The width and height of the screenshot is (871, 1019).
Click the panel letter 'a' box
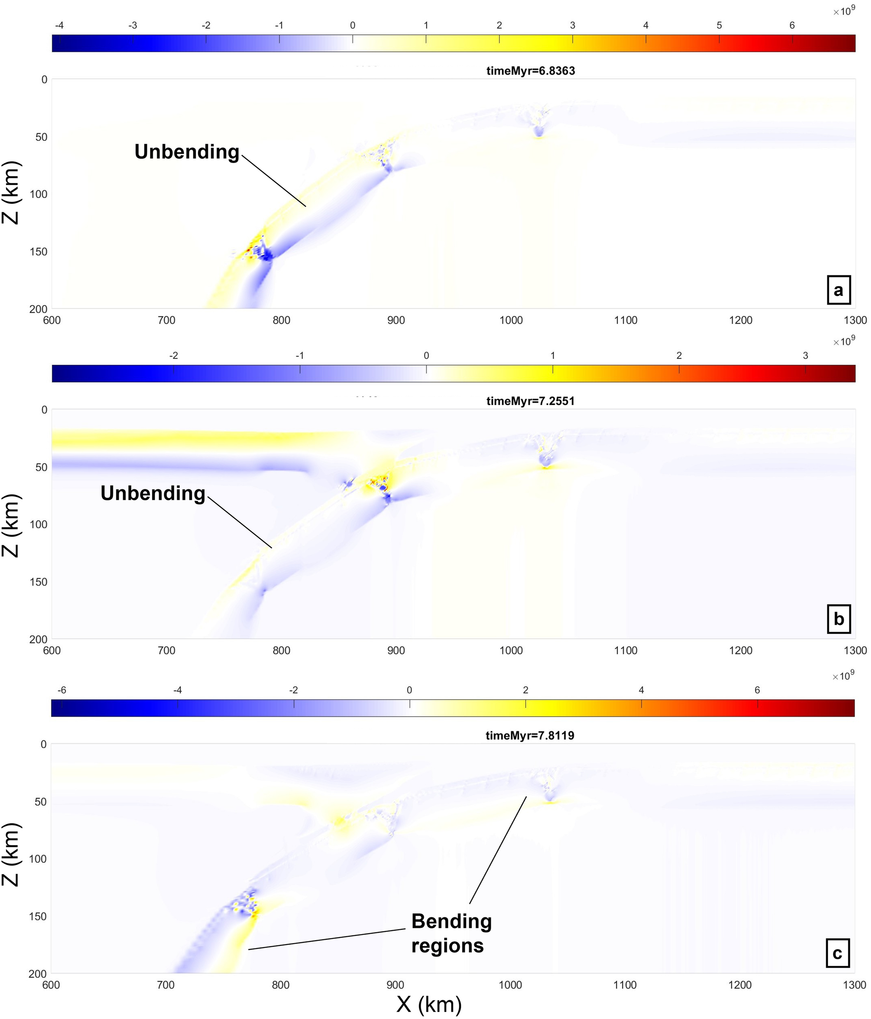click(838, 290)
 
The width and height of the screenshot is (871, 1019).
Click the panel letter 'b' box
click(838, 620)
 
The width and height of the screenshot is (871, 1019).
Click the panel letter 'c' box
click(837, 954)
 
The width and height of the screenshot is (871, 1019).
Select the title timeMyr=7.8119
click(530, 735)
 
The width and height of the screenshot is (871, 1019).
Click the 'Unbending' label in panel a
click(187, 152)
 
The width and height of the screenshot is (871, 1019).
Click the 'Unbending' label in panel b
click(153, 493)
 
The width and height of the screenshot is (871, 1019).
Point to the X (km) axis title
click(429, 1004)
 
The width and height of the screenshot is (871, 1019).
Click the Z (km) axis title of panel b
click(11, 525)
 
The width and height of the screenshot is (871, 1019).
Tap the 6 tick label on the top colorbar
click(792, 26)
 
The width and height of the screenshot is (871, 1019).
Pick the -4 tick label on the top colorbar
click(59, 26)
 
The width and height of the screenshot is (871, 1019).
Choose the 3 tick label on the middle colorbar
click(805, 356)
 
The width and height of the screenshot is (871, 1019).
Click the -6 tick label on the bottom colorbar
click(61, 690)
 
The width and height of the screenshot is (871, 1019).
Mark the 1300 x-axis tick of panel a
click(855, 320)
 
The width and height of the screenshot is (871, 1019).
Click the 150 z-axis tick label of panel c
click(38, 916)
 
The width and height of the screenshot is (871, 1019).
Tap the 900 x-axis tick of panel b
click(396, 650)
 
